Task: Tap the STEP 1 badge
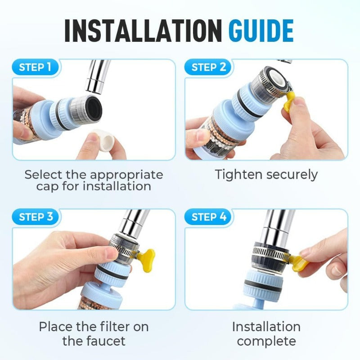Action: point(38,67)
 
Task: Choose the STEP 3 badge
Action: point(38,217)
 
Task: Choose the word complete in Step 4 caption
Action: point(266,341)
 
